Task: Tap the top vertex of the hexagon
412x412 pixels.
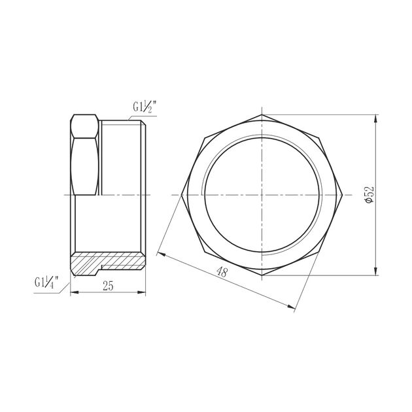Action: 262,114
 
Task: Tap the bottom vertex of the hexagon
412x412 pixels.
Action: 262,275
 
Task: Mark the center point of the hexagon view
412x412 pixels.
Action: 262,195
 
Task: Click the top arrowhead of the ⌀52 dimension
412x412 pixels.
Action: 376,118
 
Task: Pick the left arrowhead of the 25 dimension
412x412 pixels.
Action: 73,292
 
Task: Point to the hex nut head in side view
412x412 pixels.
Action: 86,156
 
